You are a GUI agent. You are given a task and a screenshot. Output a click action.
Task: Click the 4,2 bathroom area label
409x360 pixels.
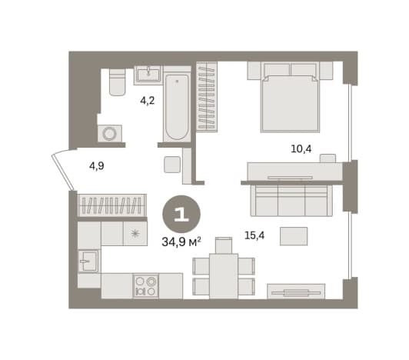click(148, 101)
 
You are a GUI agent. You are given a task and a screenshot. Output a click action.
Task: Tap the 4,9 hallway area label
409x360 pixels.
click(97, 166)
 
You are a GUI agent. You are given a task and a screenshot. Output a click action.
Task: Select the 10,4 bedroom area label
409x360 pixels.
click(301, 148)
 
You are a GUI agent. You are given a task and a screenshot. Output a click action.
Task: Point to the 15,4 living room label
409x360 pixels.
click(254, 235)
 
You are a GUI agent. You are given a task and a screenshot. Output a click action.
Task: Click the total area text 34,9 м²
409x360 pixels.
click(181, 242)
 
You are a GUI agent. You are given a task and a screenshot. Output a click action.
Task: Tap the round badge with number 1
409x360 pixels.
click(181, 215)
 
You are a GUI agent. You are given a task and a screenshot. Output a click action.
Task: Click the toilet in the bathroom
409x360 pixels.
click(117, 82)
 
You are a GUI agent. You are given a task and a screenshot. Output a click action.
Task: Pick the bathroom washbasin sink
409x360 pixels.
click(148, 75)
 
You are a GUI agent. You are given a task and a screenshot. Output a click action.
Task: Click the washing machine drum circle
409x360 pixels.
click(109, 134)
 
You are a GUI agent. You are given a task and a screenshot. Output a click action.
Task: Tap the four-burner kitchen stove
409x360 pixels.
click(145, 286)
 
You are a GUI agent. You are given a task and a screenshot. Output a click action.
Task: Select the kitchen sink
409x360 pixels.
click(88, 261)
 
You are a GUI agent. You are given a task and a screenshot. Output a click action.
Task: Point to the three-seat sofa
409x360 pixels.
click(291, 201)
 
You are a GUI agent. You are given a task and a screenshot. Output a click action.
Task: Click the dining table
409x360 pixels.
click(224, 276)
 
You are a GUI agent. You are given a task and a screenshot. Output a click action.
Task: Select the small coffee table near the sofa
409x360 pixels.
click(294, 236)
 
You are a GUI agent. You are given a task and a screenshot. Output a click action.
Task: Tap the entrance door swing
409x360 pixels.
click(62, 170)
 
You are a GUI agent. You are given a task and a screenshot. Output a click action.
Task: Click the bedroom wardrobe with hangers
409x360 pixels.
click(207, 97)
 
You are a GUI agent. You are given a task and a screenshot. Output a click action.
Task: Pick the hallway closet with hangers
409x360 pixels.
click(112, 205)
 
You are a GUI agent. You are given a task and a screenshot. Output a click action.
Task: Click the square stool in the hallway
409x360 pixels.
click(172, 165)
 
